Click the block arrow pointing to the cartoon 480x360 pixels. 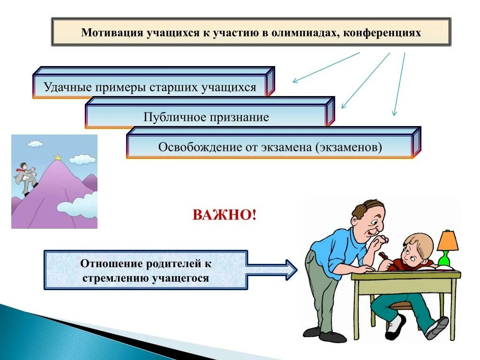(272, 270)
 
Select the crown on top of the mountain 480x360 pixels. (58, 157)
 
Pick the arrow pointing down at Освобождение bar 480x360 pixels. (399, 84)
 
